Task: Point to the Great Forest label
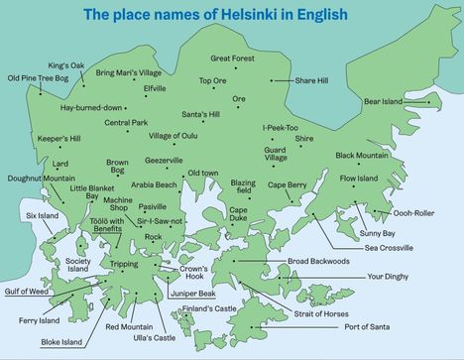pyautogui.click(x=232, y=60)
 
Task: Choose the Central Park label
pyautogui.click(x=126, y=123)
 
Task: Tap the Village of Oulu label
pyautogui.click(x=174, y=136)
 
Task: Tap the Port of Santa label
pyautogui.click(x=365, y=326)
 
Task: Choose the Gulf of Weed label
pyautogui.click(x=26, y=291)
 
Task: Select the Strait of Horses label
pyautogui.click(x=321, y=313)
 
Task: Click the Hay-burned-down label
pyautogui.click(x=91, y=107)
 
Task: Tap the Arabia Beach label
pyautogui.click(x=154, y=184)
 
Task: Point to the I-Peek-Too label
pyautogui.click(x=281, y=127)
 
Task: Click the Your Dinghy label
pyautogui.click(x=388, y=277)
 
